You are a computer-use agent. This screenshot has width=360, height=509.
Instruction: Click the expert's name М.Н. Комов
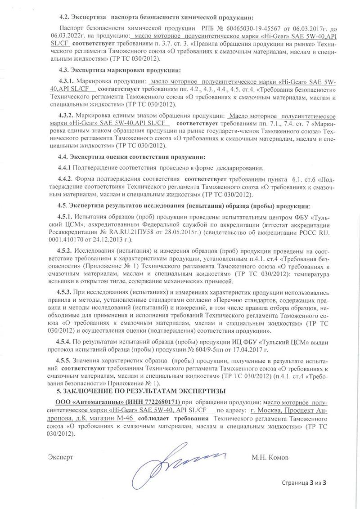pos(271,457)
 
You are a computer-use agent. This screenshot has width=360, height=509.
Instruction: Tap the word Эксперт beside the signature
pos(60,457)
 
